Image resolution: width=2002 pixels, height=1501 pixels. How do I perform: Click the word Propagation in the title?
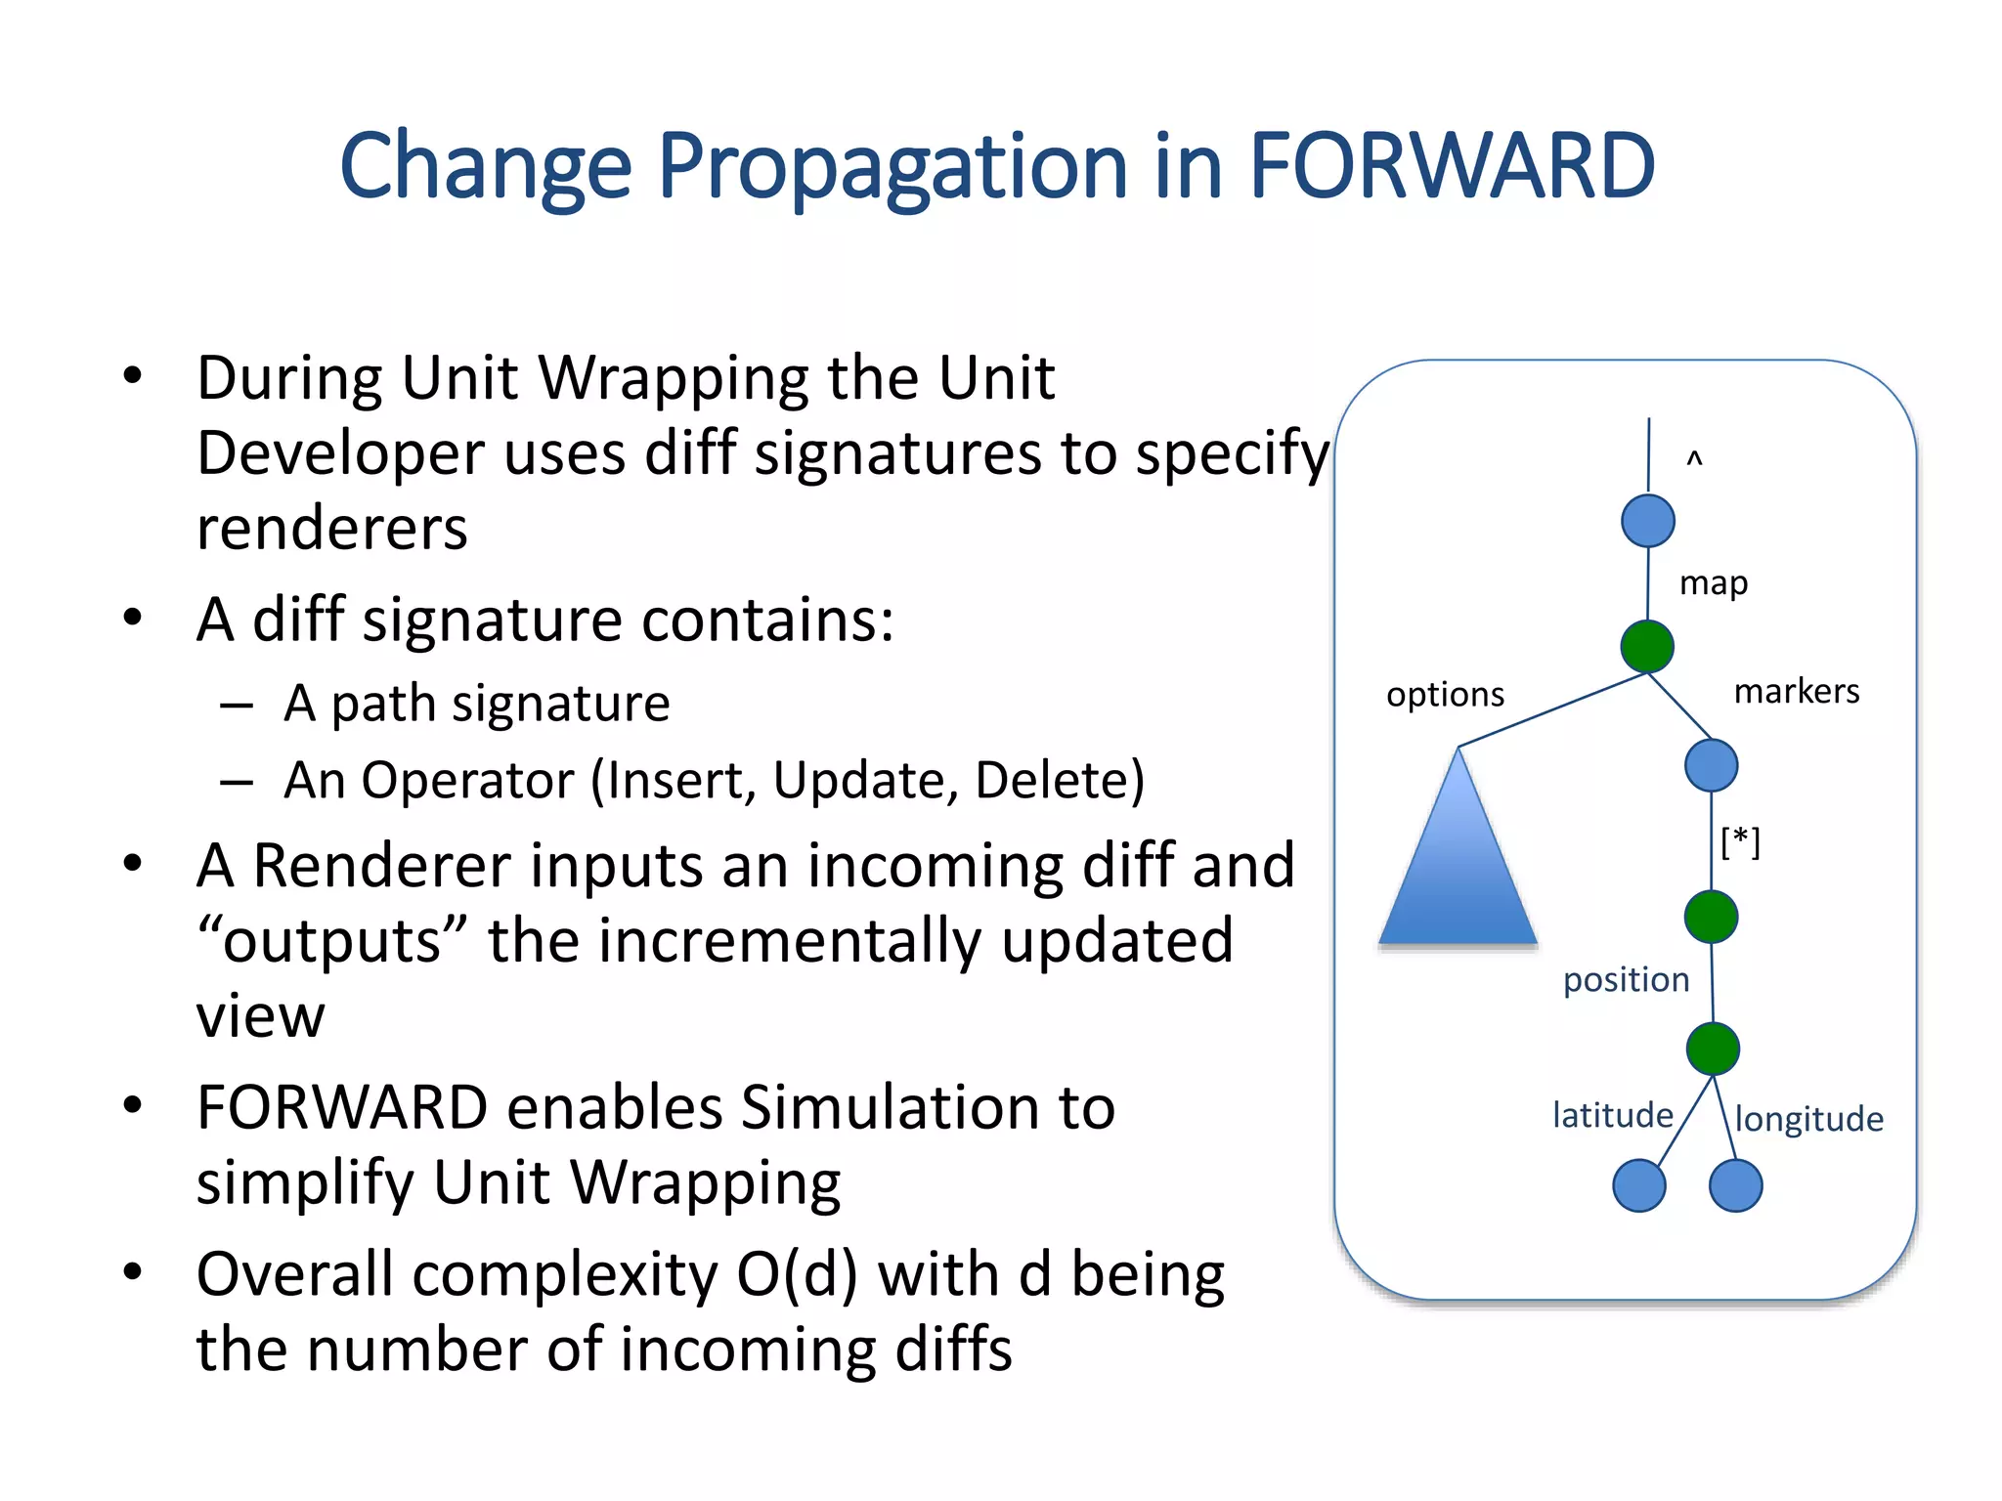893,168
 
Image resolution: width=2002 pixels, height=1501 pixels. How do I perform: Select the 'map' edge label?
1713,583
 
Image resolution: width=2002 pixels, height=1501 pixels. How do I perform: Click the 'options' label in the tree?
1445,695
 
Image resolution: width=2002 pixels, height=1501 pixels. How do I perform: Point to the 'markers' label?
1796,692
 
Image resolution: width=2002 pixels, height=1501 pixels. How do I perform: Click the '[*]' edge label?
1740,841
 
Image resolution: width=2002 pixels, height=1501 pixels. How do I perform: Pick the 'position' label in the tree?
1626,980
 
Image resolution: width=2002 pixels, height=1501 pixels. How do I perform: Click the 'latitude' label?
1612,1115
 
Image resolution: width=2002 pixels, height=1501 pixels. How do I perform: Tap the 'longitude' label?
1808,1119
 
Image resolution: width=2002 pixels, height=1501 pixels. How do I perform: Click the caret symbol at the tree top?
1694,458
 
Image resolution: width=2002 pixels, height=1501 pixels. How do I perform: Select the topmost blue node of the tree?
1647,521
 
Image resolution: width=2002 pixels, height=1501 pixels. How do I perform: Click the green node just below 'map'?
1647,646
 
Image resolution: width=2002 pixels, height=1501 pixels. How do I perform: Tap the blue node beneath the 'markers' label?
1711,765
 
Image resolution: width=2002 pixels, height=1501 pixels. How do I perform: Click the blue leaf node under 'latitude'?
1639,1185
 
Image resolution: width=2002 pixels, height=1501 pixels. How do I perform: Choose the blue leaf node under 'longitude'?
1735,1185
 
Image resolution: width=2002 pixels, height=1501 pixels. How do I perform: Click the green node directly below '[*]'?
1711,917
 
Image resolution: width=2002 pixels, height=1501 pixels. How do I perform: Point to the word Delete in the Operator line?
1059,781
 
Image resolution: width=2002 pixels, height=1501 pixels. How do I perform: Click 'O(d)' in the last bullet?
797,1275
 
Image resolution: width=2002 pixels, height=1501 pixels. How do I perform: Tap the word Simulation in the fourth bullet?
928,1108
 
